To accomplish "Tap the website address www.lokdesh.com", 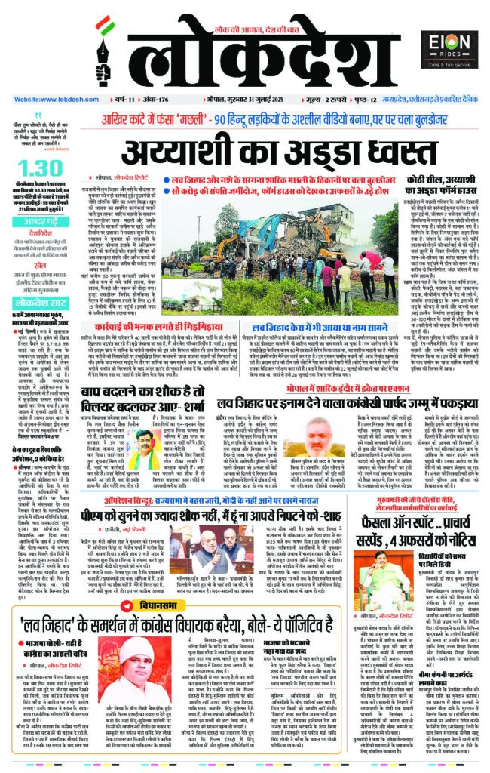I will click(x=49, y=100).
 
